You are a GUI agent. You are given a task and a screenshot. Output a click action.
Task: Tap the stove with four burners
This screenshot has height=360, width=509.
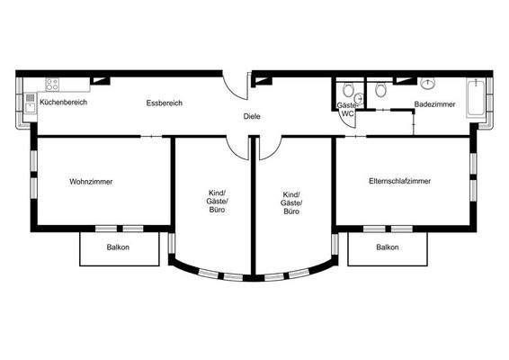coord(52,85)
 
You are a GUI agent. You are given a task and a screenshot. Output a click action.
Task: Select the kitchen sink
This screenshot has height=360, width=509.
coord(30,101)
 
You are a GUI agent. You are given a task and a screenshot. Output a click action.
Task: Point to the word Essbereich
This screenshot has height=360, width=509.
coord(165,103)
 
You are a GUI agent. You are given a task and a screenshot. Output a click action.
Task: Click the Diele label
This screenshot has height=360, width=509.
coord(252,117)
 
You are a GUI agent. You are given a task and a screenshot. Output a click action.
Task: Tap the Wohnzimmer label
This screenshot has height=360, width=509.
coord(91,182)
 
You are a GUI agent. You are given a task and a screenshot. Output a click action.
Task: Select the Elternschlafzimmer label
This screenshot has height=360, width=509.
coord(399,182)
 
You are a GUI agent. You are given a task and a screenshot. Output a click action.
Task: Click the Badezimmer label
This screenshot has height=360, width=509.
coord(434,105)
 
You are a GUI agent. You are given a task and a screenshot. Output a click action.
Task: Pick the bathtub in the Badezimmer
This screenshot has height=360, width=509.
coord(475,96)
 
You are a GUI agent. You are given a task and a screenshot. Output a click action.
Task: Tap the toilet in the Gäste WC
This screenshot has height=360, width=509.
coord(347,89)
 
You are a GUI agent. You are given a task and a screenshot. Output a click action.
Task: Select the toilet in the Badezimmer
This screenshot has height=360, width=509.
coord(382,89)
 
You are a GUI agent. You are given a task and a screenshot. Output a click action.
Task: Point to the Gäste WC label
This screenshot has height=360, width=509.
coord(347,110)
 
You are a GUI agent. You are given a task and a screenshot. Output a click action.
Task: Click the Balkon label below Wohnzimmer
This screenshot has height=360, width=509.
coord(118,247)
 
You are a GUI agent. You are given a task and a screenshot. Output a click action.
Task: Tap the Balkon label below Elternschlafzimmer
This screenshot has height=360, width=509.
coord(388,247)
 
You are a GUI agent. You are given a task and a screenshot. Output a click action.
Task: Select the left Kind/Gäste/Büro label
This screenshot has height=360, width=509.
coord(217,202)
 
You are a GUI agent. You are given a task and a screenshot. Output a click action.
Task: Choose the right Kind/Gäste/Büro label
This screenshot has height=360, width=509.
coord(291,202)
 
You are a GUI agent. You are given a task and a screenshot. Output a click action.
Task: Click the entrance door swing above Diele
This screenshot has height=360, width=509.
coord(236,86)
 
